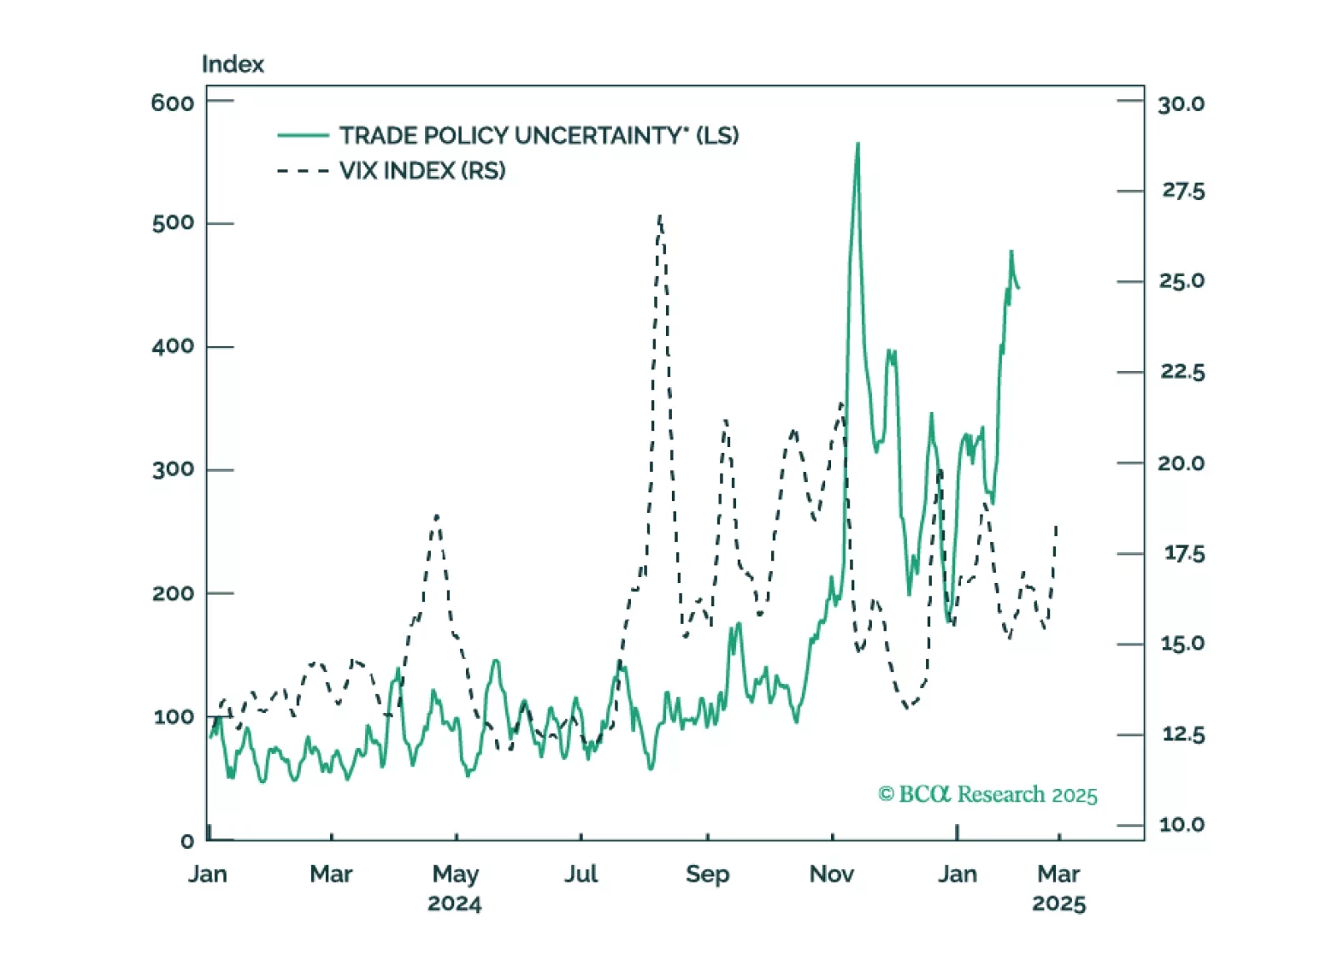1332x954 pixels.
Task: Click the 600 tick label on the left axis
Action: pyautogui.click(x=173, y=103)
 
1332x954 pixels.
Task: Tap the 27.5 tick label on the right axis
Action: pyautogui.click(x=1183, y=191)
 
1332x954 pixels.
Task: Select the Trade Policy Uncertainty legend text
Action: pyautogui.click(x=538, y=135)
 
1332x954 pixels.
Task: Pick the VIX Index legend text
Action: pyautogui.click(x=422, y=171)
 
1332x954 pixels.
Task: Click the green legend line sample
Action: pyautogui.click(x=303, y=135)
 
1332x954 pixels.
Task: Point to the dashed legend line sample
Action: pyautogui.click(x=303, y=171)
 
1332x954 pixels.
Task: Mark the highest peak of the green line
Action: pyautogui.click(x=858, y=144)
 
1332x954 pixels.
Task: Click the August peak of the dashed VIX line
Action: pyautogui.click(x=660, y=217)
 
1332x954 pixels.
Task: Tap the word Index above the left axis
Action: pyautogui.click(x=233, y=64)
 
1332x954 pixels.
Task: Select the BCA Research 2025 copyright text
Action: pyautogui.click(x=988, y=794)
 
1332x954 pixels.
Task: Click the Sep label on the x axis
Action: pyautogui.click(x=707, y=874)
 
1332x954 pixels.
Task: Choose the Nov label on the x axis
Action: pyautogui.click(x=831, y=874)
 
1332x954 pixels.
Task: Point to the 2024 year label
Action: pyautogui.click(x=454, y=904)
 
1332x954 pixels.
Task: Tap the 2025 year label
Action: pyautogui.click(x=1059, y=904)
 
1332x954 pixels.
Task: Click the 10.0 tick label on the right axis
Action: pyautogui.click(x=1181, y=825)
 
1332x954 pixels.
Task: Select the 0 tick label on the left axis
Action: pyautogui.click(x=188, y=841)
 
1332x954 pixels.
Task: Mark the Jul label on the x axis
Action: pyautogui.click(x=581, y=874)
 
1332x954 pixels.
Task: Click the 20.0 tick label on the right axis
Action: pyautogui.click(x=1181, y=463)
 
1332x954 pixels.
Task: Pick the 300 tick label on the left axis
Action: pyautogui.click(x=173, y=469)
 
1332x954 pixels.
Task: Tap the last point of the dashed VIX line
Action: pyautogui.click(x=1056, y=526)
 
